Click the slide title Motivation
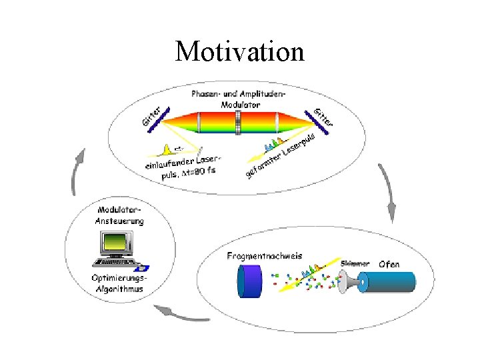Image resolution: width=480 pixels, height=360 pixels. pos(239,51)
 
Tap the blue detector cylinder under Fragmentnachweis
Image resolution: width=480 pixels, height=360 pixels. pos(251,282)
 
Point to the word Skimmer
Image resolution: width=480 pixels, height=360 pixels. pos(355,264)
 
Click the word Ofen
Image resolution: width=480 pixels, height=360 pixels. pos(389,264)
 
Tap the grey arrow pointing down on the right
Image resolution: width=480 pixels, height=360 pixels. pos(389,193)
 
